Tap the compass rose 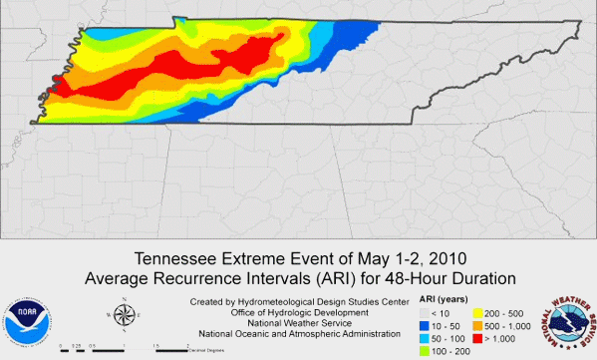(123, 316)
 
